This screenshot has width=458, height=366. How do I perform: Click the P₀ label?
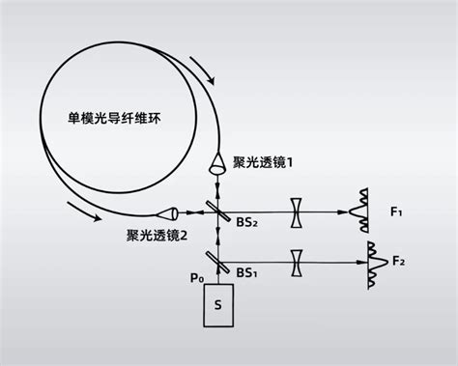(x=197, y=278)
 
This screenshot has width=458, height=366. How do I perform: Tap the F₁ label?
(x=398, y=210)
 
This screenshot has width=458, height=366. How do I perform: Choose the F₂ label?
(x=398, y=260)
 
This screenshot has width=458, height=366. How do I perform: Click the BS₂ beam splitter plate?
(x=218, y=210)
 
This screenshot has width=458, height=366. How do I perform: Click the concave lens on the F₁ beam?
(x=297, y=210)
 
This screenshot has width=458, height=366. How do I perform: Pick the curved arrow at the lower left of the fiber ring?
(x=80, y=211)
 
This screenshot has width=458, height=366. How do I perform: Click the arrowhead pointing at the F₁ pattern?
(x=345, y=210)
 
